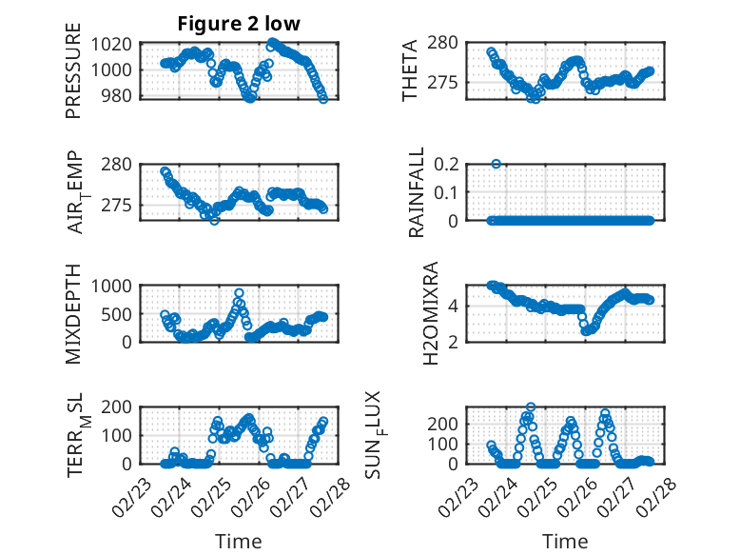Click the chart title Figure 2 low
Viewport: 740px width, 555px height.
(239, 25)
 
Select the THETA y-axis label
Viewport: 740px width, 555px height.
(410, 71)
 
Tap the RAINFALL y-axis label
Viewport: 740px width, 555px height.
(417, 192)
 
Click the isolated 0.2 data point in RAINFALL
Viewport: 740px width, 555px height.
(496, 164)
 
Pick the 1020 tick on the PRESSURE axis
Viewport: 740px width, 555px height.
(117, 44)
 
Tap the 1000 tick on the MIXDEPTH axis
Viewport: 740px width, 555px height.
(117, 286)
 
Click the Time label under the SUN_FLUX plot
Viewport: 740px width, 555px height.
(565, 542)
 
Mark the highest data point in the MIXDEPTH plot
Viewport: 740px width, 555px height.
(239, 293)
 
